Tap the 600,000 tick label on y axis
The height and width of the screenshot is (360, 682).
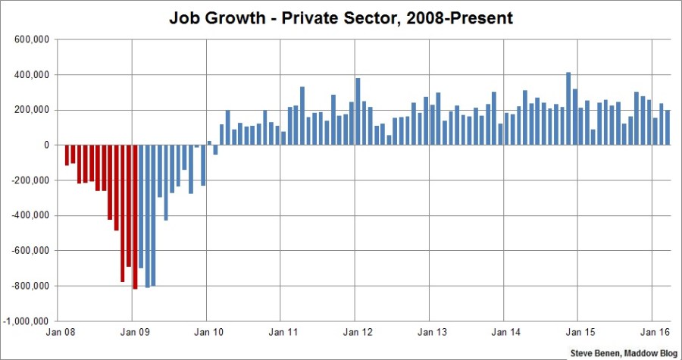pyautogui.click(x=31, y=39)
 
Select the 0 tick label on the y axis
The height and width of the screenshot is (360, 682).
pyautogui.click(x=47, y=145)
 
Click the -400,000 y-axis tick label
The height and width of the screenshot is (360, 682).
pyautogui.click(x=30, y=215)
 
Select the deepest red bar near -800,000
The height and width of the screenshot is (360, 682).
pyautogui.click(x=135, y=217)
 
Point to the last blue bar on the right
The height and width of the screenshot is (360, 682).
pyautogui.click(x=668, y=127)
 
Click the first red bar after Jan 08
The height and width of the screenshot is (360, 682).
pyautogui.click(x=67, y=155)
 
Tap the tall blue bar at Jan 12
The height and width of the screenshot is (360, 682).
pyautogui.click(x=358, y=111)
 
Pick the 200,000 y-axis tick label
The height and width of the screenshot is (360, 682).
pyautogui.click(x=31, y=110)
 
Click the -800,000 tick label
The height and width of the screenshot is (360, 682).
pyautogui.click(x=30, y=286)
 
